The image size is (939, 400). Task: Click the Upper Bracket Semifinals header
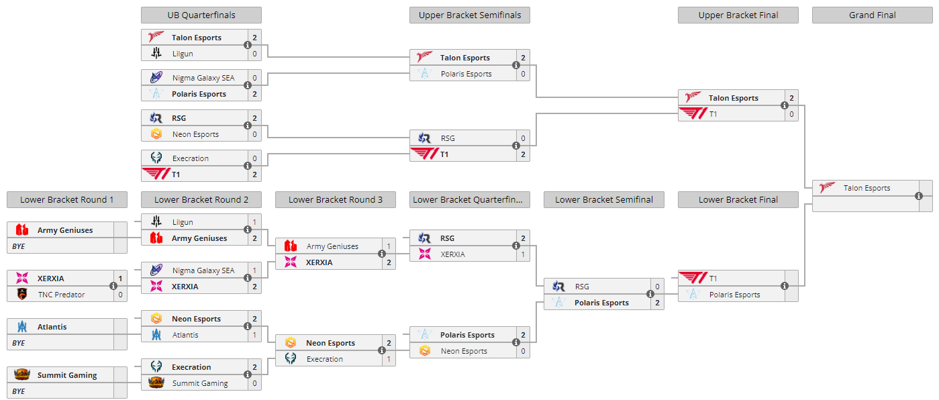470,15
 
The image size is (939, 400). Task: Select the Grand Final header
873,15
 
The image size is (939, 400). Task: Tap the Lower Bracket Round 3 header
336,199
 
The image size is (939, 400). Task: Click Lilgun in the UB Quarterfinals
183,54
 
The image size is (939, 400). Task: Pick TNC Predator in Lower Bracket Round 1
61,295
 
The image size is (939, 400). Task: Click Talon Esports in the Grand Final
867,189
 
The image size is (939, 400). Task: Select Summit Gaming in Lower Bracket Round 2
200,383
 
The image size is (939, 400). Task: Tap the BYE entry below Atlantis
18,343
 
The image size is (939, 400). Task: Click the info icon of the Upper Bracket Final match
785,105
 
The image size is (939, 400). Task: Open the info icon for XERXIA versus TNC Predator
113,286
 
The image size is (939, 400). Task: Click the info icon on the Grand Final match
918,196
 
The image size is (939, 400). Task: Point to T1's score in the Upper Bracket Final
791,114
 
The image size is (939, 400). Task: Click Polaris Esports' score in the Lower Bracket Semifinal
657,303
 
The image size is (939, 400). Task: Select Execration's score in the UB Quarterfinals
254,158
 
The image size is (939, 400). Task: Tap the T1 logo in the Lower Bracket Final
693,278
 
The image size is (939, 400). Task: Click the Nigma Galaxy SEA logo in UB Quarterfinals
156,77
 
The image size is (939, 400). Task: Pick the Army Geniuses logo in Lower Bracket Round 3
291,246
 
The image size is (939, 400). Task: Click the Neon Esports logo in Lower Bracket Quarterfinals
425,350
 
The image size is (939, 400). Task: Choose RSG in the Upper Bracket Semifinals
448,138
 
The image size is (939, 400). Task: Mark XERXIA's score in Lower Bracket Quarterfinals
523,254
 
